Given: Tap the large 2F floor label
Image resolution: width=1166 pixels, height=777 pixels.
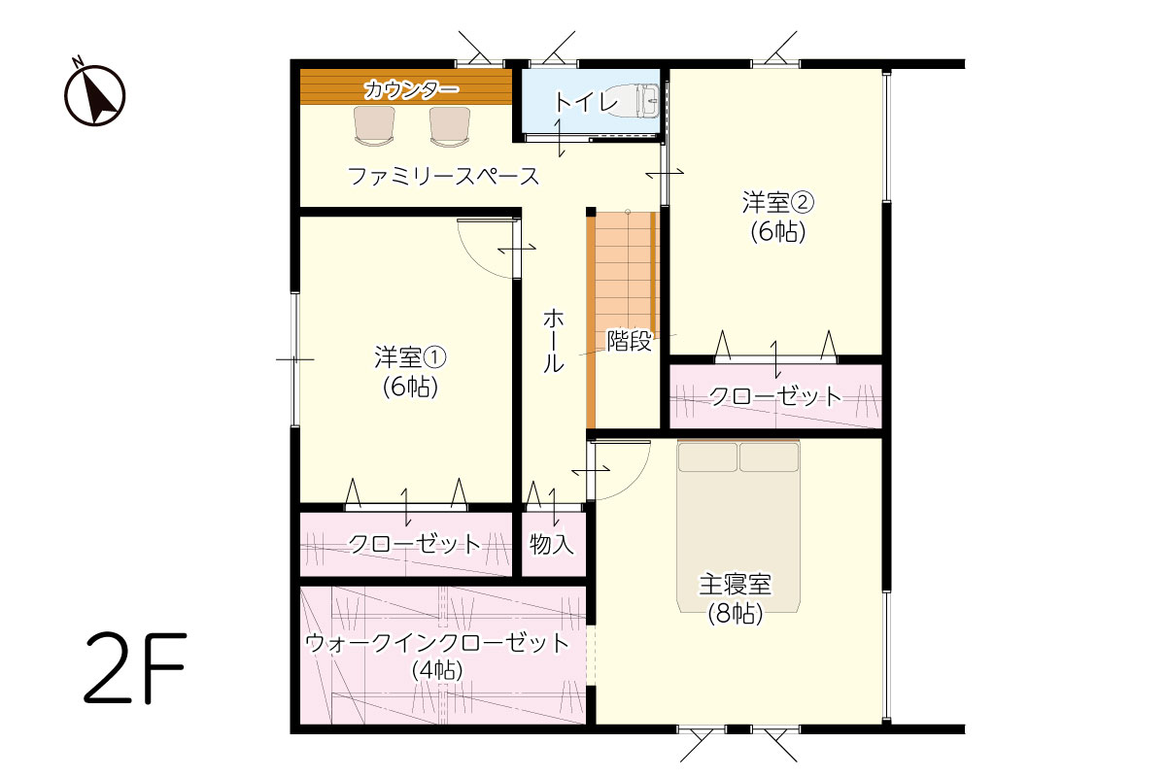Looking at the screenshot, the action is tap(135, 667).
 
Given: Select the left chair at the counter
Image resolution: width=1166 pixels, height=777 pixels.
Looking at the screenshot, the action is tap(374, 125).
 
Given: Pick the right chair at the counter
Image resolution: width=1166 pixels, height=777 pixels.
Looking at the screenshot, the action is tap(450, 126).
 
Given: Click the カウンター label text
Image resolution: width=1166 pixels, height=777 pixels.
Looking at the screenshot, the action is tap(411, 90).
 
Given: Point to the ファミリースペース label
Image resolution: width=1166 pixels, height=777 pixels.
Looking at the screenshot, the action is tap(443, 176).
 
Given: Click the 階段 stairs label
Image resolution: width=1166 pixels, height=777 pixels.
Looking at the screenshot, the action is tap(630, 341).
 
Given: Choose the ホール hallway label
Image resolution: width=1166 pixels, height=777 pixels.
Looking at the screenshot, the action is tap(553, 340).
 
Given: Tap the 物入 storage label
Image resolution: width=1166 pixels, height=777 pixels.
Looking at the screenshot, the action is tap(552, 544).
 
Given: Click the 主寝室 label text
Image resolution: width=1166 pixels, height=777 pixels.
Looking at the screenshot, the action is tap(735, 584).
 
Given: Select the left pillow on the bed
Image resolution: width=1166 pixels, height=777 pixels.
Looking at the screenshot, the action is tap(707, 456).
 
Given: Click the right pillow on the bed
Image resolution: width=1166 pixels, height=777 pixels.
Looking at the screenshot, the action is tap(769, 456).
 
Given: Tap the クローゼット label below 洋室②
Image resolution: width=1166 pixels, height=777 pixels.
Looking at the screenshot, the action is tap(775, 396).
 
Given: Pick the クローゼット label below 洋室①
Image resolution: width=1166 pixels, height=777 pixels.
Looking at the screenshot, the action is tap(414, 544).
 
